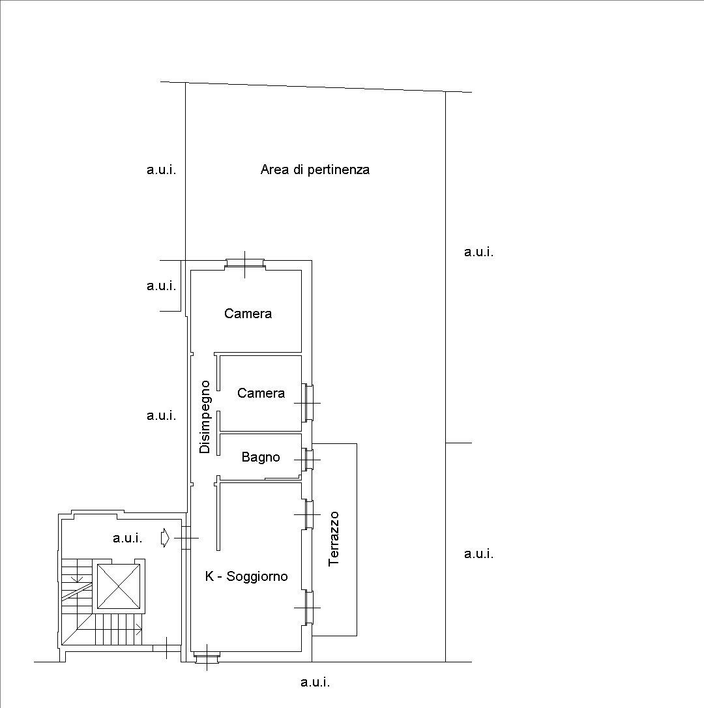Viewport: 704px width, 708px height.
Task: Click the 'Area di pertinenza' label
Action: (x=315, y=170)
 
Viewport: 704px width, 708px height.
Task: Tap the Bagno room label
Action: (x=261, y=458)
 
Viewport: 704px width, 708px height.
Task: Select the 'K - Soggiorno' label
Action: (x=246, y=576)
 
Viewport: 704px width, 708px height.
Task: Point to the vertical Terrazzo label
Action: (x=334, y=538)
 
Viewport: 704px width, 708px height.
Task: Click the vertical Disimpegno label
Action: (x=205, y=417)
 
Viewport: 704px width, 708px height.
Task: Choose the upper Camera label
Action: (x=248, y=314)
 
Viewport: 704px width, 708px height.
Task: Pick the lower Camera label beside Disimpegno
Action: (x=261, y=393)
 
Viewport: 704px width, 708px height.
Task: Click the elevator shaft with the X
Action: (x=119, y=586)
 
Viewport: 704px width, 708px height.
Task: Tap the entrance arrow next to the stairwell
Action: (x=166, y=538)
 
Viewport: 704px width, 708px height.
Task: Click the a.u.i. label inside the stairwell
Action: (x=127, y=538)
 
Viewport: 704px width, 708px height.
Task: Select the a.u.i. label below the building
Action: (x=315, y=682)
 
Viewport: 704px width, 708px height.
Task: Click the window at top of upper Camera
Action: (x=244, y=265)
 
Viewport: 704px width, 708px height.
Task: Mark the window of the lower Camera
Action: (x=307, y=403)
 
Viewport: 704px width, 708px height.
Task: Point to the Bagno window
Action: (x=307, y=460)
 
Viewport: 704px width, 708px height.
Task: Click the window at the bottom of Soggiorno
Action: (x=207, y=657)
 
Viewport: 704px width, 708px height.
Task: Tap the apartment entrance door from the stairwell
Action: (x=186, y=538)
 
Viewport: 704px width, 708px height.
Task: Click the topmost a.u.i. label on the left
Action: (x=161, y=170)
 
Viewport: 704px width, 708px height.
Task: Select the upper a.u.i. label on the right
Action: (x=478, y=252)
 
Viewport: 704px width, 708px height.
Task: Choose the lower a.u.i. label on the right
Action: (x=478, y=554)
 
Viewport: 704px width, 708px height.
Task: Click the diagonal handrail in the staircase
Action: (x=77, y=591)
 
